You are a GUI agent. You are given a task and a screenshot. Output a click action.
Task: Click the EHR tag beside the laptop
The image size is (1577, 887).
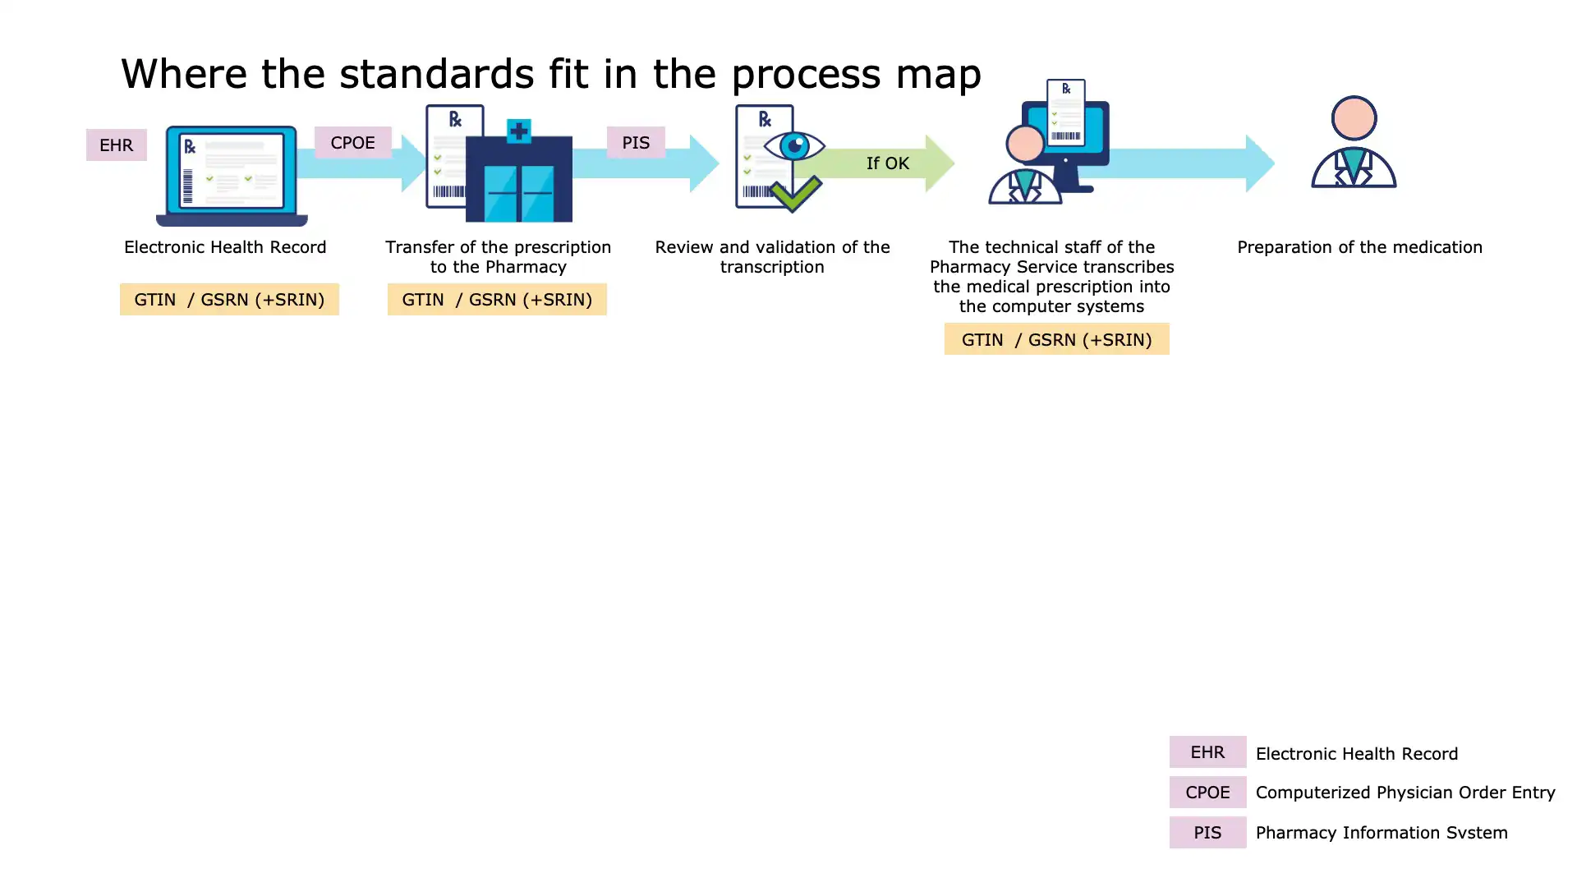pyautogui.click(x=116, y=145)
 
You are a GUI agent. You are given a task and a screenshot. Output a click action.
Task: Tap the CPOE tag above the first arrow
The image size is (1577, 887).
pyautogui.click(x=352, y=143)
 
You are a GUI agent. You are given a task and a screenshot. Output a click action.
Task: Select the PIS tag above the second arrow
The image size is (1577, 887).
pyautogui.click(x=636, y=143)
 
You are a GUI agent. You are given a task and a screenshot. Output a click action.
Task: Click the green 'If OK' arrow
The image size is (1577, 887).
pyautogui.click(x=887, y=163)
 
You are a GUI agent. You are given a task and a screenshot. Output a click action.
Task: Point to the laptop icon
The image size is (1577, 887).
pyautogui.click(x=232, y=176)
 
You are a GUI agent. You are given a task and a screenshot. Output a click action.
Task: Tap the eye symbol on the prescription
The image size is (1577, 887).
pyautogui.click(x=794, y=146)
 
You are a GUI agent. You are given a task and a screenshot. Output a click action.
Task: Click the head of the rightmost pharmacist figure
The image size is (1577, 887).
pyautogui.click(x=1354, y=118)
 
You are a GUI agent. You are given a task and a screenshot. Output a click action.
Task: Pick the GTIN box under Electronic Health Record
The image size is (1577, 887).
pyautogui.click(x=229, y=300)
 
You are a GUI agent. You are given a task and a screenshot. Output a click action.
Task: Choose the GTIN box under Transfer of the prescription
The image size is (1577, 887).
pyautogui.click(x=497, y=300)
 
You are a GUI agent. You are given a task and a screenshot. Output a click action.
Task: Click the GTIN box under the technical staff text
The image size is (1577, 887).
pyautogui.click(x=1056, y=339)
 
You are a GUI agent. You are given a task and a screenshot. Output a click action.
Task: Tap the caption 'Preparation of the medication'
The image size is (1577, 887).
pyautogui.click(x=1359, y=247)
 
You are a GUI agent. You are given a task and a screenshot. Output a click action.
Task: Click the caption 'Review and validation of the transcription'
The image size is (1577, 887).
pyautogui.click(x=772, y=257)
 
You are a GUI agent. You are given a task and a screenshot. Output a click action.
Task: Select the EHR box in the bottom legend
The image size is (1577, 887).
pyautogui.click(x=1207, y=752)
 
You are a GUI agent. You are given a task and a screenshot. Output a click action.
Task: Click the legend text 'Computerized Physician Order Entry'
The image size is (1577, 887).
pyautogui.click(x=1405, y=793)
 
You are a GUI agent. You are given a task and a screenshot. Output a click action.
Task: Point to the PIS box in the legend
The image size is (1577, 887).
pyautogui.click(x=1207, y=833)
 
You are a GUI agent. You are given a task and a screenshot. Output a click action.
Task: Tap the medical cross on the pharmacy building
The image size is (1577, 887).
pyautogui.click(x=518, y=131)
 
